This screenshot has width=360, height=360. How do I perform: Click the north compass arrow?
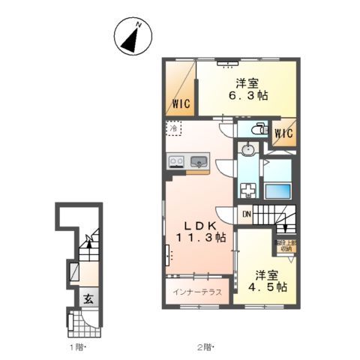pos(132,37)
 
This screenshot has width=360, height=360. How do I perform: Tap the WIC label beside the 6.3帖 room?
pos(180,103)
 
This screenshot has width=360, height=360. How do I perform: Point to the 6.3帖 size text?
pos(247,96)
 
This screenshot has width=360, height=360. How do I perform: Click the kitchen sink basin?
pos(199,160)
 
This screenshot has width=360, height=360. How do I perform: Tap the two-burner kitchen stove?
pos(177,160)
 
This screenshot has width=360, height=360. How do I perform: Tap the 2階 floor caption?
pos(205,347)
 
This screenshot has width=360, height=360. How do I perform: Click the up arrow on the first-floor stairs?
pos(88,241)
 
